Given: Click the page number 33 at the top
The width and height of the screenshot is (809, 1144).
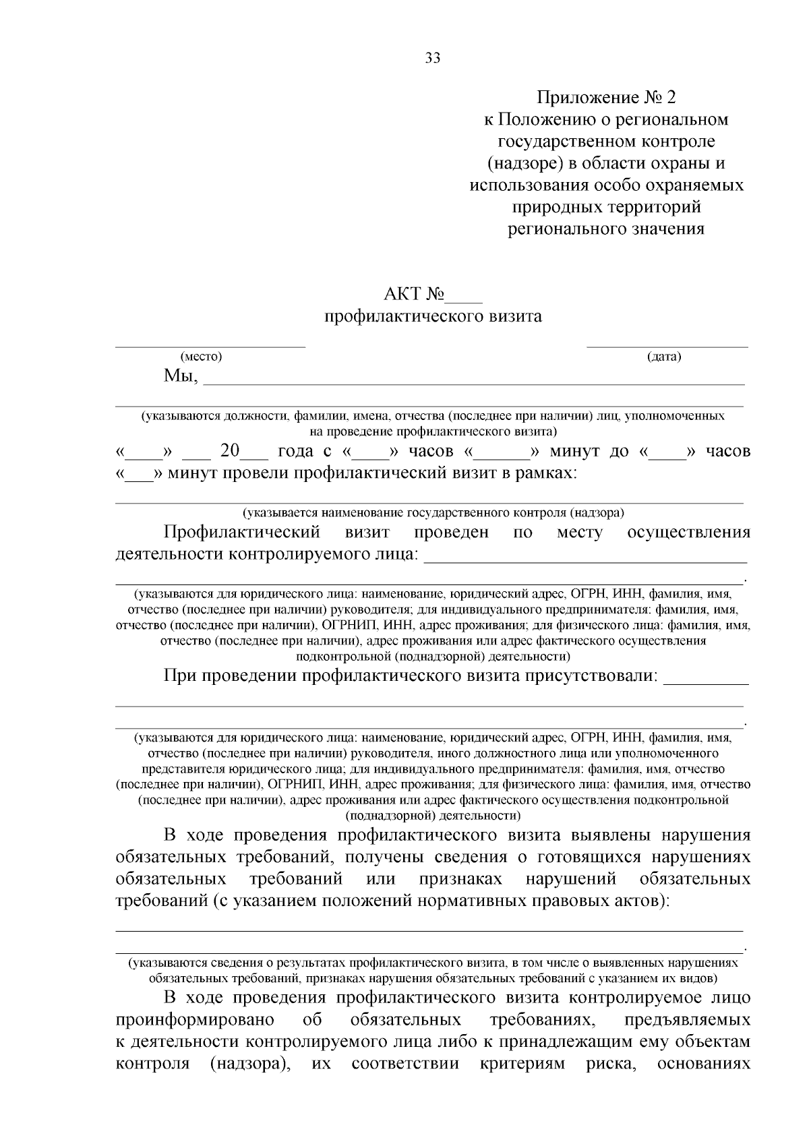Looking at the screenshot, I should pos(433,58).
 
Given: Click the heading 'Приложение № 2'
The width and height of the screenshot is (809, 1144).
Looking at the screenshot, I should pos(606,98).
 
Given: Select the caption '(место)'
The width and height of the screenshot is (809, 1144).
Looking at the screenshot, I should pos(200,357).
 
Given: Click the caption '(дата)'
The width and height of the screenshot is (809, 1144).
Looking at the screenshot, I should pos(664,357).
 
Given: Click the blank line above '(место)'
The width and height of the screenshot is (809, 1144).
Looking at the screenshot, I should pos(210,346).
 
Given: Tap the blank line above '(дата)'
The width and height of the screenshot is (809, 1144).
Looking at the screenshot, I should pos(667,346).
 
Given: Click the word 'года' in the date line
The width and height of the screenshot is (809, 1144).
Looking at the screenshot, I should pos(295,451).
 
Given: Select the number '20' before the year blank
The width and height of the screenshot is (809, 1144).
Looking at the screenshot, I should pos(230,451).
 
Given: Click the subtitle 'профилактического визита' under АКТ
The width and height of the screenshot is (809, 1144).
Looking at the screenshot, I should pos(433,316).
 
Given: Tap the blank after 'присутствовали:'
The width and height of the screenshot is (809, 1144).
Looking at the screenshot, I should pos(707,682).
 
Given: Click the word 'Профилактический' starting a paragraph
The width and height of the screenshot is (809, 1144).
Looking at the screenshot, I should pos(241,533).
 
